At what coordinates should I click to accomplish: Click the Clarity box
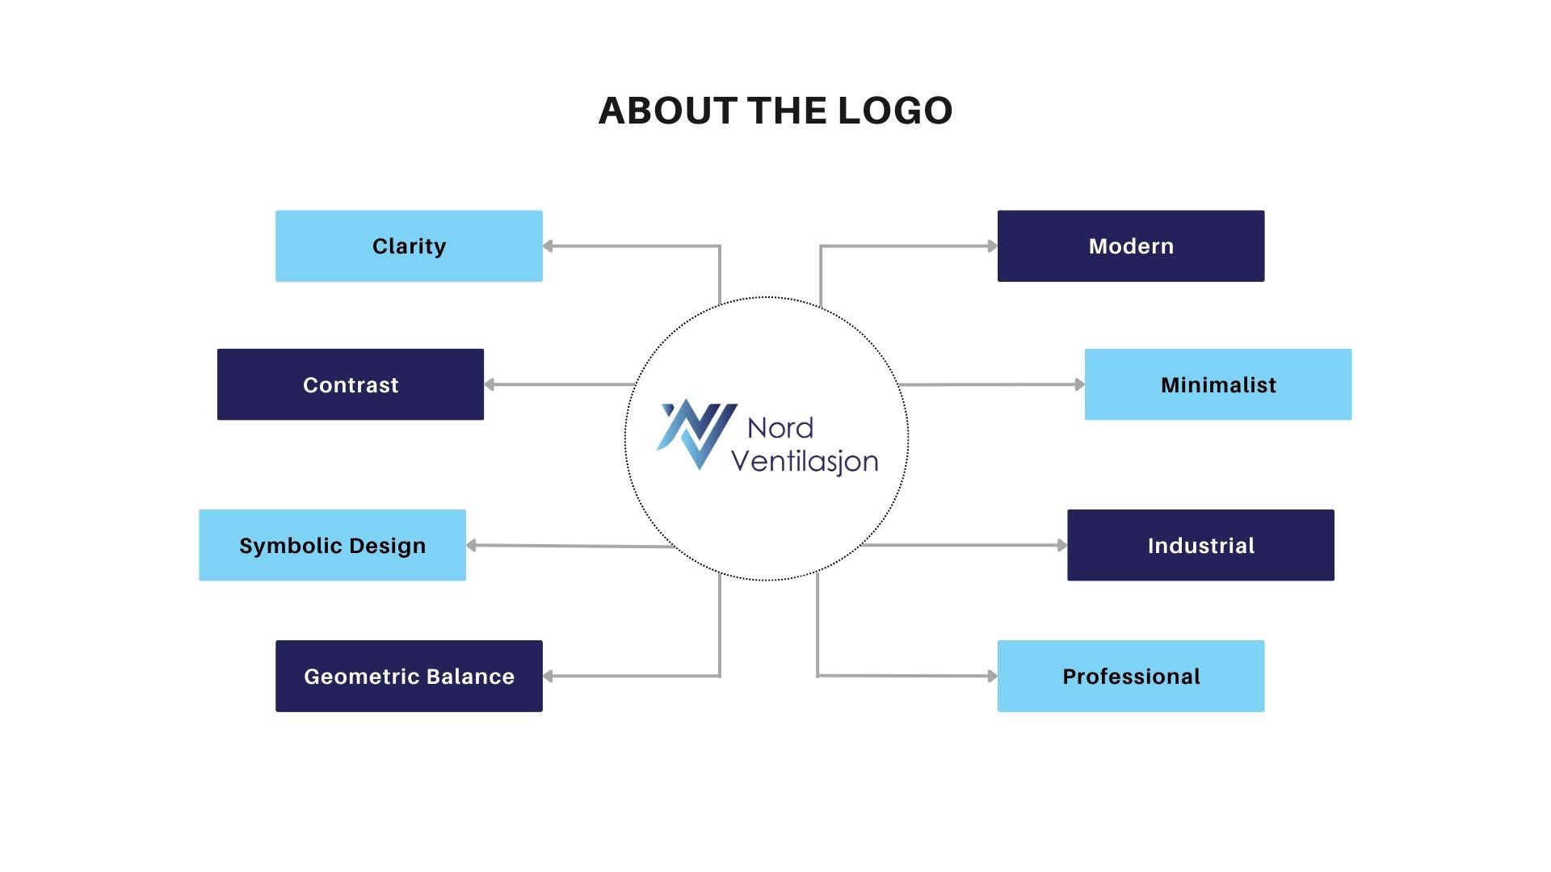click(x=409, y=246)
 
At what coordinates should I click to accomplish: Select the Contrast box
click(x=351, y=384)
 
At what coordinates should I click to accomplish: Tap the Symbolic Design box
click(x=332, y=545)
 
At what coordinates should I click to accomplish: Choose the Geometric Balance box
click(x=409, y=676)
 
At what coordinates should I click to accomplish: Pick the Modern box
click(x=1131, y=246)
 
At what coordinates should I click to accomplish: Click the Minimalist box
click(x=1218, y=384)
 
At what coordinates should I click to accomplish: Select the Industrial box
click(x=1200, y=545)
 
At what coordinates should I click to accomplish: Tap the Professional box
click(x=1131, y=676)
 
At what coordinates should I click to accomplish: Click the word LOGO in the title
click(x=895, y=111)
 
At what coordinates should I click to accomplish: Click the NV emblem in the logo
click(x=696, y=434)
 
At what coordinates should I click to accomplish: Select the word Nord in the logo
click(x=780, y=427)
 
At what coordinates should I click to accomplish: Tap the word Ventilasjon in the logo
click(x=804, y=460)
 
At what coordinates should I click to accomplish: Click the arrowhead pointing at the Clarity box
click(x=548, y=246)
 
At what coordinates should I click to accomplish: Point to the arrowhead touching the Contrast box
click(x=489, y=384)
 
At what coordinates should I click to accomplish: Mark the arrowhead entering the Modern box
click(x=992, y=246)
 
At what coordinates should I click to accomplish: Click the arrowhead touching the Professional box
click(x=992, y=676)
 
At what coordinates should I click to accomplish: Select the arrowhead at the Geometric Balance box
click(x=548, y=676)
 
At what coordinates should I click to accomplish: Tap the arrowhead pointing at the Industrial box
click(x=1061, y=545)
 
